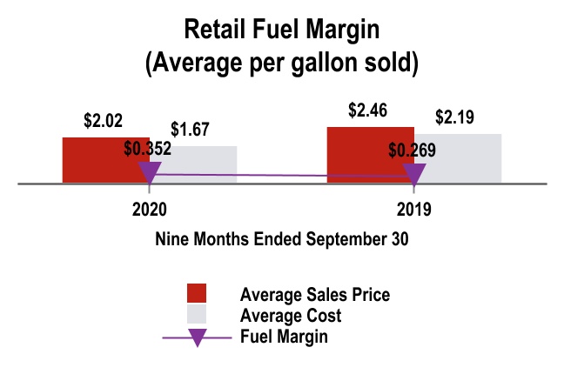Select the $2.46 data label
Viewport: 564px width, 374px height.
click(366, 111)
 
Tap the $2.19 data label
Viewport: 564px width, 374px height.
click(454, 117)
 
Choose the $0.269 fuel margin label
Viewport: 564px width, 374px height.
click(413, 150)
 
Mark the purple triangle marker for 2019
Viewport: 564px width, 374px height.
click(413, 177)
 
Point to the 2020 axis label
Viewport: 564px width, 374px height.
click(150, 210)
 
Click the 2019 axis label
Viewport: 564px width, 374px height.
click(413, 210)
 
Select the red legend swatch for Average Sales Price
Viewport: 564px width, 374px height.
click(197, 294)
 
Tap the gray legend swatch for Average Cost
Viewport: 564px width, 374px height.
click(197, 315)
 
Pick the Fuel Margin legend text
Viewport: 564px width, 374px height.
click(284, 336)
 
